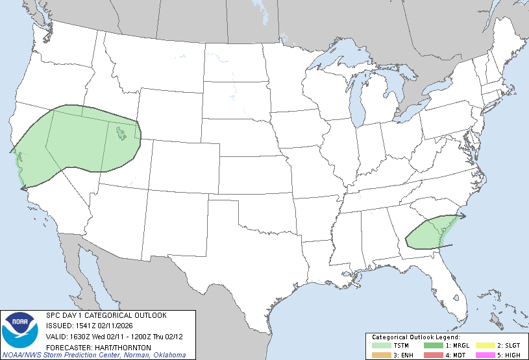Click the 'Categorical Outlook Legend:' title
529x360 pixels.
point(415,337)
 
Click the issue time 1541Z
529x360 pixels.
point(82,326)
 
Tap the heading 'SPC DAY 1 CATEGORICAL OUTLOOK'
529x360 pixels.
point(106,315)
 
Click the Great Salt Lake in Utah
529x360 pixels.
point(121,135)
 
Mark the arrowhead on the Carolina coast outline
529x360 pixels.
point(463,215)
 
